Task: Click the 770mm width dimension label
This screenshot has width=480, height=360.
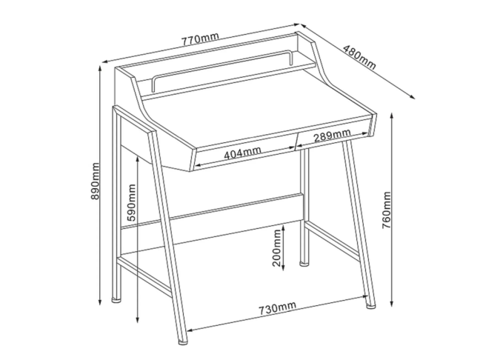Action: [x=201, y=39]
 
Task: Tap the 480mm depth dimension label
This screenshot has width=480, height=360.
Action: [x=359, y=57]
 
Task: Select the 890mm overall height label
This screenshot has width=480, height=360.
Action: [x=96, y=181]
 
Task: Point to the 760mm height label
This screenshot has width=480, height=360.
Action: [x=387, y=210]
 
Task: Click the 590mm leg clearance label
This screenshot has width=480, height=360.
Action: [x=131, y=203]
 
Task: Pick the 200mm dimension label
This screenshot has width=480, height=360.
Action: [x=276, y=248]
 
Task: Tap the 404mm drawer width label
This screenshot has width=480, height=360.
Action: [x=243, y=153]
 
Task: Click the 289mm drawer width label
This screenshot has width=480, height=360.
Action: [x=332, y=135]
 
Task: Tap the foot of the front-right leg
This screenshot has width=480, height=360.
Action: [x=370, y=305]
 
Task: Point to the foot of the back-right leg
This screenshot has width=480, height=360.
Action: [x=304, y=263]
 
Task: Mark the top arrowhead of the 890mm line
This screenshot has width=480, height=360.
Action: [x=100, y=69]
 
